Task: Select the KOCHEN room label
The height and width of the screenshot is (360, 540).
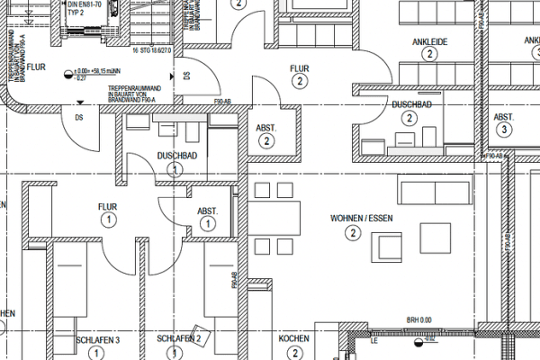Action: coord(294,339)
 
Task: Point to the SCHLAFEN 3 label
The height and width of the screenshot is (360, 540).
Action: coord(98,339)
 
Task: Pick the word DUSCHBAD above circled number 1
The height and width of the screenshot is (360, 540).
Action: coord(175,155)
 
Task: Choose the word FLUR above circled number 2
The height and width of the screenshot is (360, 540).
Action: coord(300,68)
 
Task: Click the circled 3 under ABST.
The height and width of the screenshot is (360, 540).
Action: coord(504,130)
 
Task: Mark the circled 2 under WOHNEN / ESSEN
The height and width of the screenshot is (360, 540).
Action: coord(352,233)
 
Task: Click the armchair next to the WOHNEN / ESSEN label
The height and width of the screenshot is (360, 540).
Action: coord(388,246)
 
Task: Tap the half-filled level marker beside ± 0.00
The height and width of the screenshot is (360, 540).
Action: coord(68,71)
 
